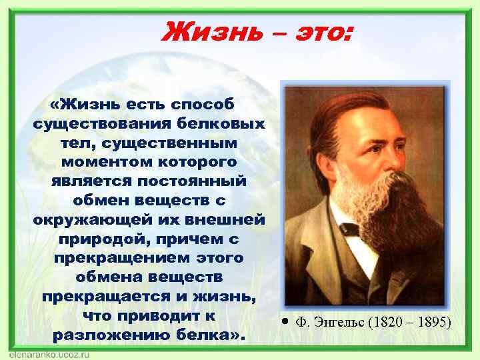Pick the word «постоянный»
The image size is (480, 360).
pos(193,181)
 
